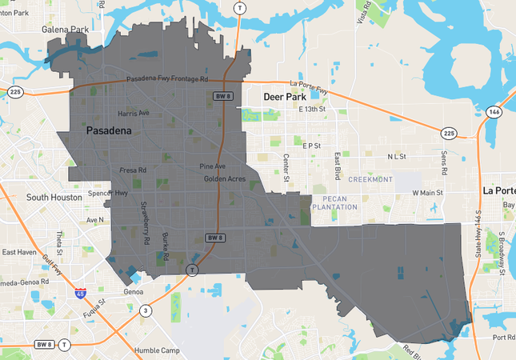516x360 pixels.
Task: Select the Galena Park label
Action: click(x=65, y=30)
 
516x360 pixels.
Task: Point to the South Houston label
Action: click(x=54, y=197)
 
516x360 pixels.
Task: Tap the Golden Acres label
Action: click(x=223, y=178)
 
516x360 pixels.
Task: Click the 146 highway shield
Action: click(x=495, y=111)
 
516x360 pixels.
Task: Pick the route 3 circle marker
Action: click(x=146, y=310)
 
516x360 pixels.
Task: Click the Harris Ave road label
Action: click(x=134, y=113)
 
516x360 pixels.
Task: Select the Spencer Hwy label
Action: click(x=110, y=193)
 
